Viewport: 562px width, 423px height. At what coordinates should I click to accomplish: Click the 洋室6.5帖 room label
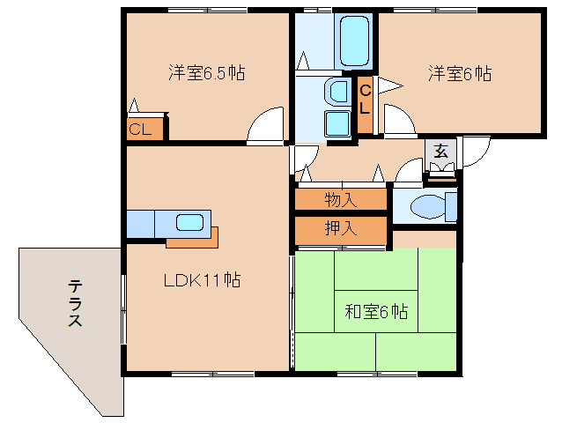[206, 73]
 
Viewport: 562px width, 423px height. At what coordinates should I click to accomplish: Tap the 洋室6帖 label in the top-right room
[460, 73]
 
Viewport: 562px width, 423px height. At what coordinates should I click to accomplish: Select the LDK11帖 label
[203, 281]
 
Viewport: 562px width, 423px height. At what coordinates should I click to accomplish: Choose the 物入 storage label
[340, 199]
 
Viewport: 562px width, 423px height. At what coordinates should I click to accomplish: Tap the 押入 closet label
[340, 229]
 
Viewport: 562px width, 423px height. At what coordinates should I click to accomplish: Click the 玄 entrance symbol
[440, 150]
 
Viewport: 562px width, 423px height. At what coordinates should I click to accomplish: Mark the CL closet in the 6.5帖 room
[142, 130]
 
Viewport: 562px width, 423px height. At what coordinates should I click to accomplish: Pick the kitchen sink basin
[189, 222]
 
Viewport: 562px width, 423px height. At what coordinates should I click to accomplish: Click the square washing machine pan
[337, 122]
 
